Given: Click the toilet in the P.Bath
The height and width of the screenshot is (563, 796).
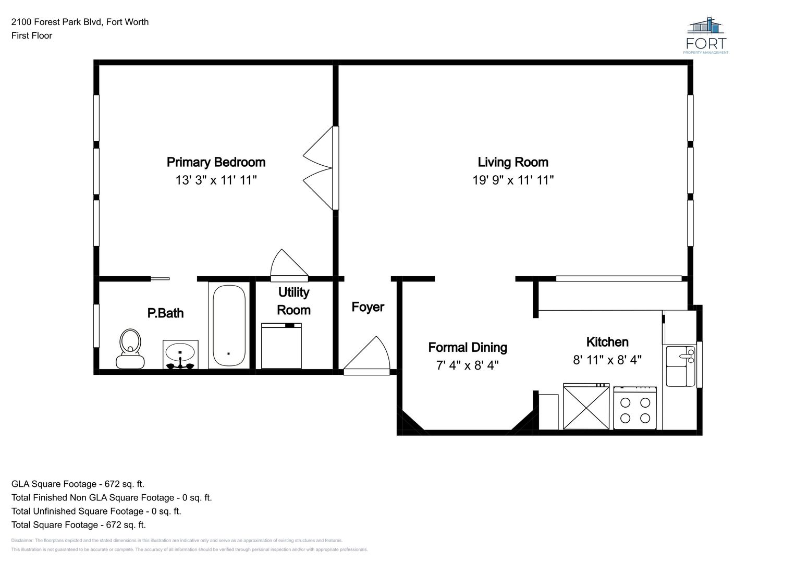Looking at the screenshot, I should click(x=130, y=349).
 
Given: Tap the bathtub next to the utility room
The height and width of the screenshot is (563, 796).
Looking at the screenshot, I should click(x=229, y=326).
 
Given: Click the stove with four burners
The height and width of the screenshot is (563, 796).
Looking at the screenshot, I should click(x=635, y=408).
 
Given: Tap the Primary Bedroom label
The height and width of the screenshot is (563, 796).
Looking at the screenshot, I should click(x=216, y=162).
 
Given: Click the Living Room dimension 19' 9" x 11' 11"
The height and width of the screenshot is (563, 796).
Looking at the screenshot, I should click(x=512, y=180).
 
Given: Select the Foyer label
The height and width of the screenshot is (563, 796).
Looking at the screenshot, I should click(x=368, y=307).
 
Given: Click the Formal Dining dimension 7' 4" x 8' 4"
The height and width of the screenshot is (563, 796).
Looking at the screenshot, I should click(x=467, y=365).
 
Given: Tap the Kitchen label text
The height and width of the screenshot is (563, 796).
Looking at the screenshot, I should click(x=607, y=342).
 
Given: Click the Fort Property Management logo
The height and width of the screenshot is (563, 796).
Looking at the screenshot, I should click(x=707, y=35).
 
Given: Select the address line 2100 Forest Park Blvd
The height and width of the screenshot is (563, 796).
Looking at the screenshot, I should click(x=80, y=22).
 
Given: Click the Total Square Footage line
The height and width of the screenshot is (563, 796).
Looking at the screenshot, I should click(x=79, y=525).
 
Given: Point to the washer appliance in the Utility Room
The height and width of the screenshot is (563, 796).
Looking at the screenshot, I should click(x=281, y=346).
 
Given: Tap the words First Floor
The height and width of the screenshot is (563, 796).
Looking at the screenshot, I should click(x=32, y=36).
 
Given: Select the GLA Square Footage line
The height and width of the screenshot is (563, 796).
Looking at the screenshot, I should click(x=78, y=484).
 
